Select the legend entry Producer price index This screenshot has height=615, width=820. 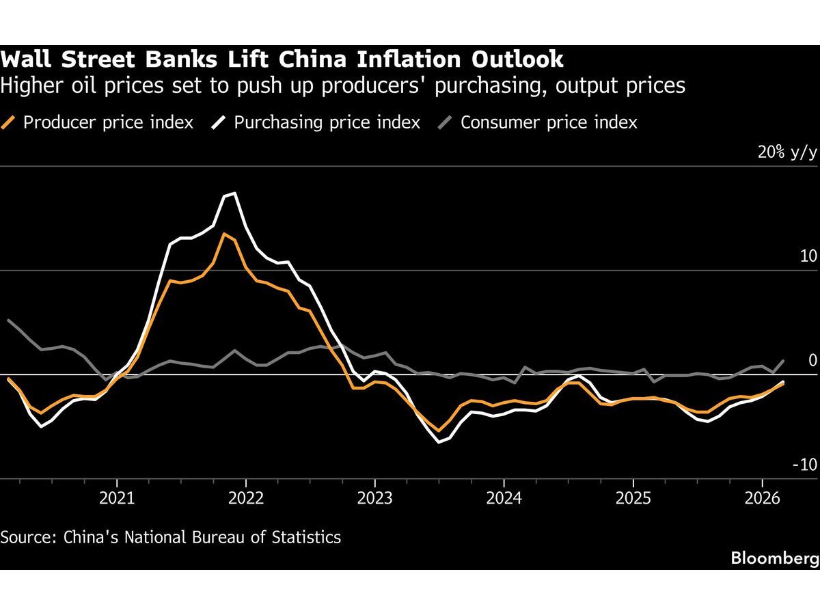pos(108,122)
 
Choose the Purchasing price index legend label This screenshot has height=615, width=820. pos(327,122)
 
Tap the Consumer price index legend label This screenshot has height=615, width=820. pos(549,122)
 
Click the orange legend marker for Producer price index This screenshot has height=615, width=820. pos(9,122)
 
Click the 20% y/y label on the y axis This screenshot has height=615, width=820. pos(787,152)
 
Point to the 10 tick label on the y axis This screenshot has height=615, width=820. pos(808,256)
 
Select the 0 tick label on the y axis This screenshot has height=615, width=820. pos(812,360)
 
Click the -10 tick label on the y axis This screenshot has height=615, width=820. pos(804,465)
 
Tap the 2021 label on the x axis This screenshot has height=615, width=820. pos(116,497)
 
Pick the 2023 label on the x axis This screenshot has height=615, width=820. pos(374,497)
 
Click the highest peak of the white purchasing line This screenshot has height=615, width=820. pos(234,193)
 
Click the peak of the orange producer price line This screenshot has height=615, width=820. pos(224,234)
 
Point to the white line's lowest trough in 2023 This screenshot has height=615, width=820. pos(440,442)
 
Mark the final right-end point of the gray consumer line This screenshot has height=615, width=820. pos(782,360)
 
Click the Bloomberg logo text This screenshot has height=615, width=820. pos(774,558)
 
